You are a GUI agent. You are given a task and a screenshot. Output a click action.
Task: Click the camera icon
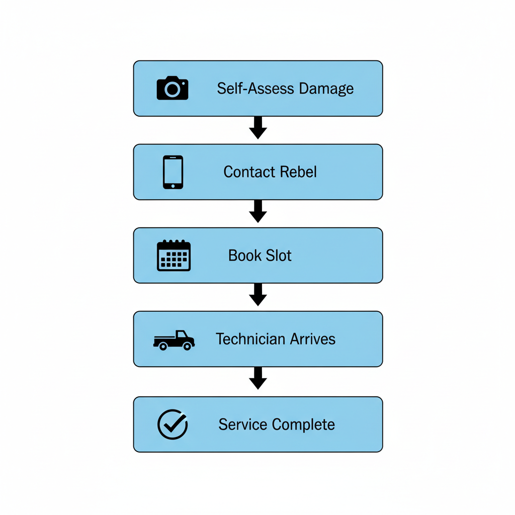click(173, 88)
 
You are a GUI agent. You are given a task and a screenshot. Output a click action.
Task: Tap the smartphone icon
click(173, 172)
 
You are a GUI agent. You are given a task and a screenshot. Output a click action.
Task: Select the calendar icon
click(174, 255)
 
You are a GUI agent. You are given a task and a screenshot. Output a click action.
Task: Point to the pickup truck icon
click(174, 340)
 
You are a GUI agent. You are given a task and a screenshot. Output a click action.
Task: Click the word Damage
click(326, 89)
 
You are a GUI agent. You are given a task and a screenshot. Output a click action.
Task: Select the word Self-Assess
click(255, 89)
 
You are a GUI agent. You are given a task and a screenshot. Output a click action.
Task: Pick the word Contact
click(244, 172)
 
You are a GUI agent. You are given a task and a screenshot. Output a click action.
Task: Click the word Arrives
click(306, 339)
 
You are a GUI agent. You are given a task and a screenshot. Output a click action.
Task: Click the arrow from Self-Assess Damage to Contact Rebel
click(258, 128)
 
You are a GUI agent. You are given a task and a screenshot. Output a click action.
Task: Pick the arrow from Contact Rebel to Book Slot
click(258, 212)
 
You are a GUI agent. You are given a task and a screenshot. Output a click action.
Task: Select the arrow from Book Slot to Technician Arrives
click(258, 295)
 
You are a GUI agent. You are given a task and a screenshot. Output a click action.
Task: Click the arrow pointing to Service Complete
click(258, 379)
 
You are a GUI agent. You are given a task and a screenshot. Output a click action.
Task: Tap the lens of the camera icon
click(173, 90)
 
